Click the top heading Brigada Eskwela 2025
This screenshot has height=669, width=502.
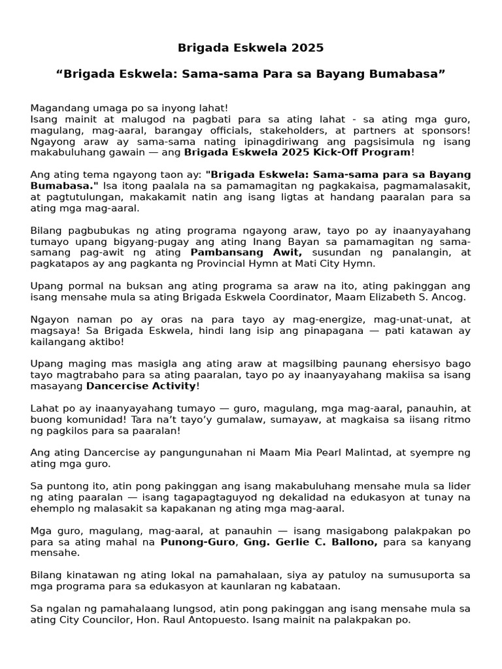(251, 48)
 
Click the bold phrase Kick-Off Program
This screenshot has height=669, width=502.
(367, 152)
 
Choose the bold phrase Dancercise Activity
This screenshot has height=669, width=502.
(141, 385)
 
